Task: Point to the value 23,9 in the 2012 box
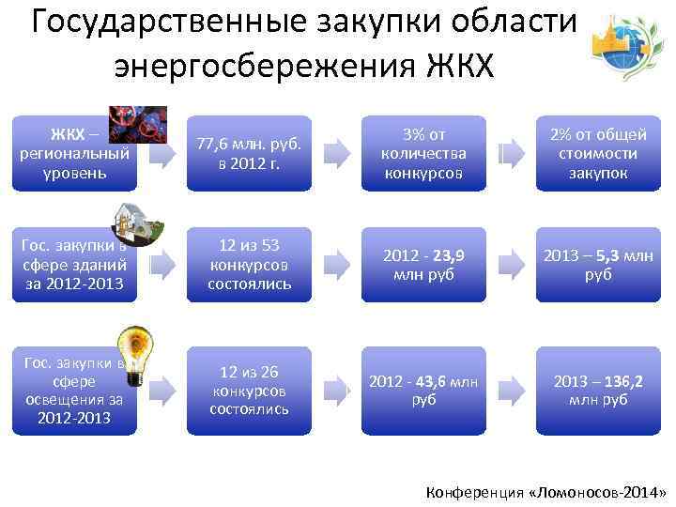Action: click(x=449, y=255)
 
